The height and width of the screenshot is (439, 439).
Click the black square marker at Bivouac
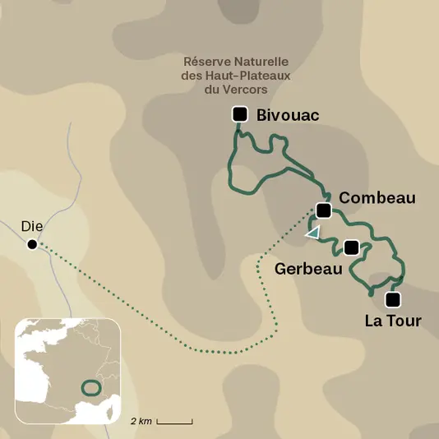pos(240,114)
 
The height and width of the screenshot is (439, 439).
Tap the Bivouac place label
pos(288,115)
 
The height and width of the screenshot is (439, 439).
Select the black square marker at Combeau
pos(323,211)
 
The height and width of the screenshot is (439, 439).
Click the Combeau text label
pos(377,198)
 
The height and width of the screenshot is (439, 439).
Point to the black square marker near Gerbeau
pos(351,247)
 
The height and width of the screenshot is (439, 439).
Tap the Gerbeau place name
pos(308,269)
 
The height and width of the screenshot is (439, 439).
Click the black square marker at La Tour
pos(392,298)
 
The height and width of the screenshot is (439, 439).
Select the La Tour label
pos(392,321)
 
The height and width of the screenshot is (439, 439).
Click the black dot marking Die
pos(32,244)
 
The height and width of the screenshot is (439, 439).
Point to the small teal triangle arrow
pos(312,233)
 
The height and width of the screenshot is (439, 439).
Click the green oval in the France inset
pos(90,386)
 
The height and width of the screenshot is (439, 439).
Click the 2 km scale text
pos(141,421)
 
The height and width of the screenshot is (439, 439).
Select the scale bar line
pos(174,422)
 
